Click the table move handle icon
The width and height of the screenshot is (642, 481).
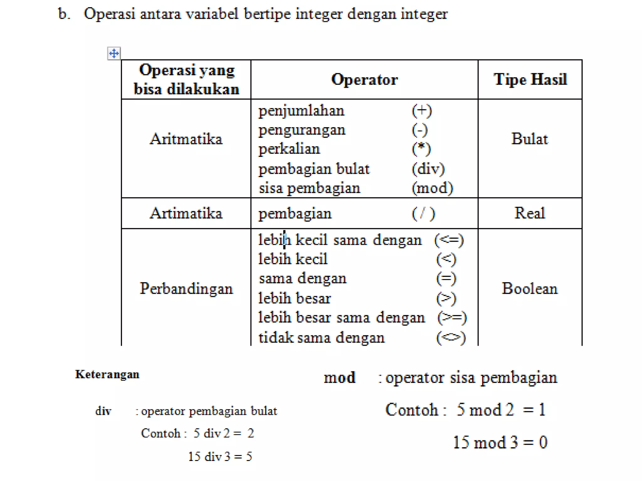114,54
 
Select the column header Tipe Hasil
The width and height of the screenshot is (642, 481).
530,80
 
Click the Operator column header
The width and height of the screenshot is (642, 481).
364,80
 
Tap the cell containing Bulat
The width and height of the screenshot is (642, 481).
529,139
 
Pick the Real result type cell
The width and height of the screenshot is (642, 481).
529,213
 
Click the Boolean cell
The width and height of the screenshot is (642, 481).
529,288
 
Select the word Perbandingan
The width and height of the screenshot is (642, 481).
186,288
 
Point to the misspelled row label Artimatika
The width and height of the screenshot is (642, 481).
186,213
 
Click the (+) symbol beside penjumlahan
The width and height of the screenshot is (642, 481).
422,111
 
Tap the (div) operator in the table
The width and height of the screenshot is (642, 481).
428,169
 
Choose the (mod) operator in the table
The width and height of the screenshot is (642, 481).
432,188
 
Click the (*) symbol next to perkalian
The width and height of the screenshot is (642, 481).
421,149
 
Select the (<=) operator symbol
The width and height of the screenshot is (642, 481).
449,240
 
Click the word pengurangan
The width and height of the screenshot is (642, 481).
302,130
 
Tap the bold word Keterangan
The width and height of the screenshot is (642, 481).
107,374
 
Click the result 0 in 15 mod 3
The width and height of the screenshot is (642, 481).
543,442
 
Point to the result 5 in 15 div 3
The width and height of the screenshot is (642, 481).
249,457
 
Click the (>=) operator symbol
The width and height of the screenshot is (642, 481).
452,318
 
